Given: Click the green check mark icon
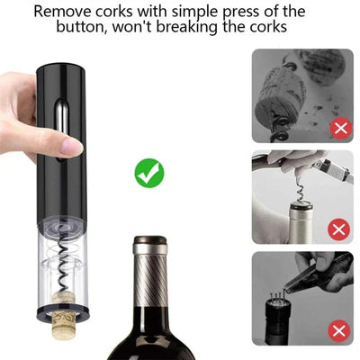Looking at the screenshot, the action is pyautogui.click(x=149, y=174).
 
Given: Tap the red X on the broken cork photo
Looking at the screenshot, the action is pyautogui.click(x=341, y=129).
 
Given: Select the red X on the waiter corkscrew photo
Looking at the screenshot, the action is pyautogui.click(x=339, y=230).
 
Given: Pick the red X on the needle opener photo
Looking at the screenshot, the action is pyautogui.click(x=339, y=331).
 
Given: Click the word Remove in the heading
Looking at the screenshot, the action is pyautogui.click(x=63, y=12).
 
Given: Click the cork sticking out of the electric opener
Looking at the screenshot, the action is pyautogui.click(x=65, y=314).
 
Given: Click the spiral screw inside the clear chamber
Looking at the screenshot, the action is pyautogui.click(x=63, y=261).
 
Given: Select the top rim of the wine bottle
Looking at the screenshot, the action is pyautogui.click(x=150, y=239).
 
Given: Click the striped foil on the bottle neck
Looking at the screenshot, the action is pyautogui.click(x=150, y=280).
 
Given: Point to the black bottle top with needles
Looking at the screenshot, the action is pyautogui.click(x=277, y=318).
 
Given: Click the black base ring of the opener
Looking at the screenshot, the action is pyautogui.click(x=64, y=314).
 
